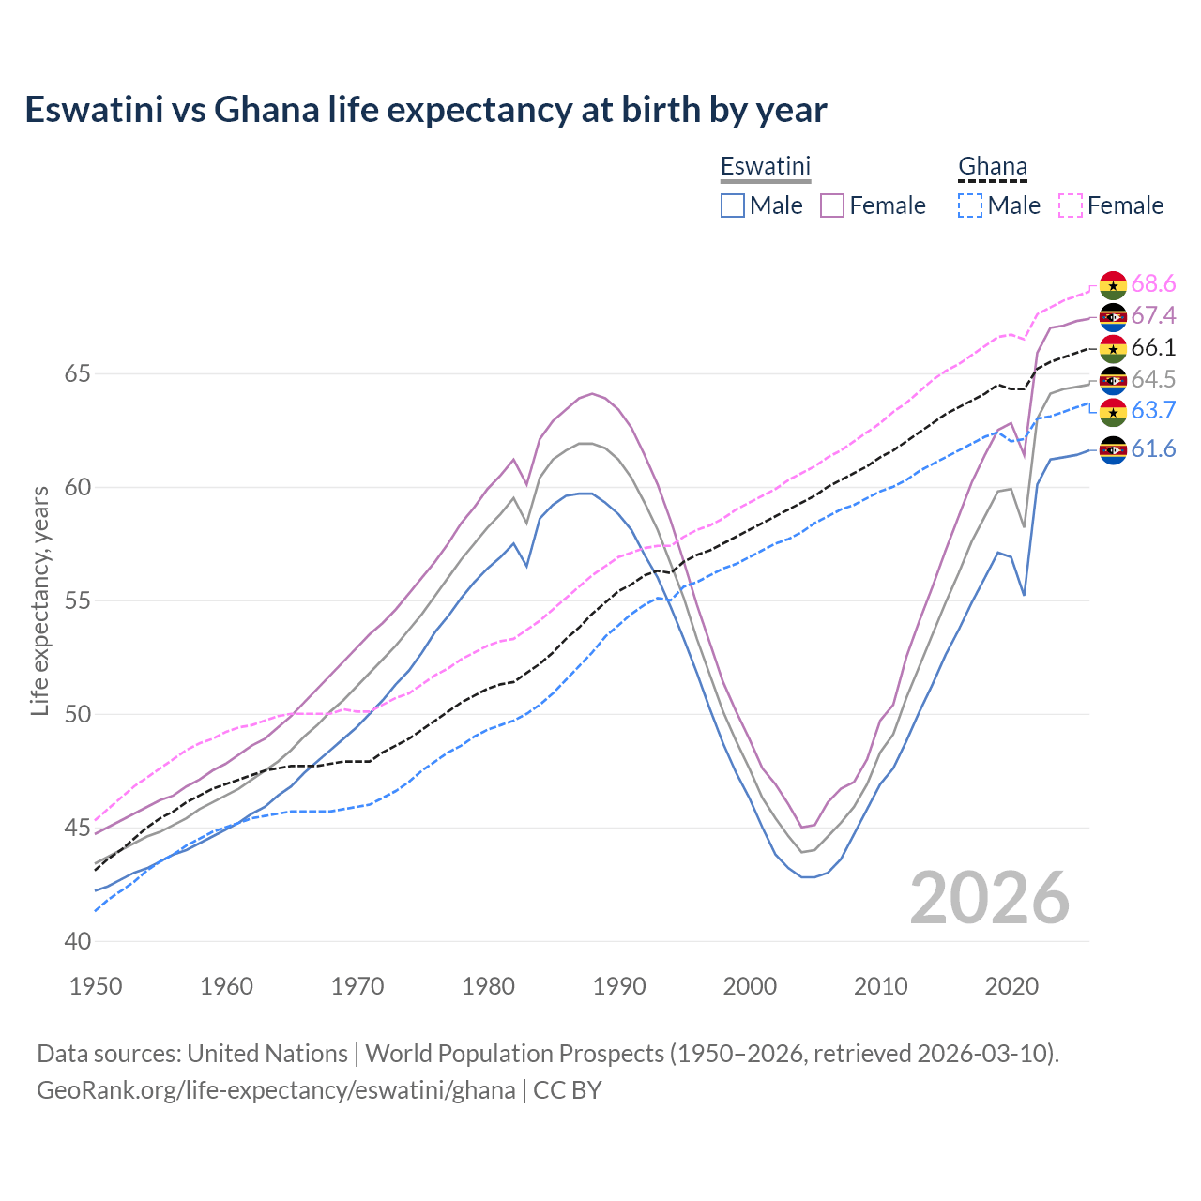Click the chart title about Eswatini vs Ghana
click(425, 110)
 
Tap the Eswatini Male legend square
click(733, 205)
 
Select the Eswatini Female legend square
click(832, 205)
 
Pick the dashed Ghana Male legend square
click(970, 205)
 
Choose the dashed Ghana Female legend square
click(1070, 205)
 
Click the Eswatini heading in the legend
click(765, 166)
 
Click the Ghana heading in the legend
click(992, 166)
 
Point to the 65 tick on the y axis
click(77, 374)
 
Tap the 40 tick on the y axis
click(77, 941)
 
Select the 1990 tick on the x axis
click(619, 986)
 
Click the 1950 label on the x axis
click(97, 986)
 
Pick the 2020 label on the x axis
click(1011, 986)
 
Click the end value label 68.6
click(1153, 284)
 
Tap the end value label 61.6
click(1153, 449)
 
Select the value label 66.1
click(1153, 348)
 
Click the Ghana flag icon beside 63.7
click(1113, 411)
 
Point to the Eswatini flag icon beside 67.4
click(1113, 316)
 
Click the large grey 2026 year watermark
click(989, 898)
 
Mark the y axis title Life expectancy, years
click(39, 600)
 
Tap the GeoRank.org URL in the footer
click(276, 1090)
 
